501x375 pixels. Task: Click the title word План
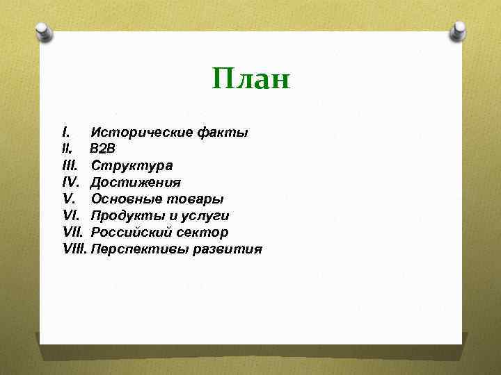[x=250, y=79]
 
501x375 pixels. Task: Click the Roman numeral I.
[x=65, y=132]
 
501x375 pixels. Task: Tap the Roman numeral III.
[x=68, y=165]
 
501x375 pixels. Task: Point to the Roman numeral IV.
[x=70, y=183]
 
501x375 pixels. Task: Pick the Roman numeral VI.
[x=70, y=216]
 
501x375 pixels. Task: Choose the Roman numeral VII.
[x=72, y=233]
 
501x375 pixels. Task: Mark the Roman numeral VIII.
[x=74, y=249]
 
